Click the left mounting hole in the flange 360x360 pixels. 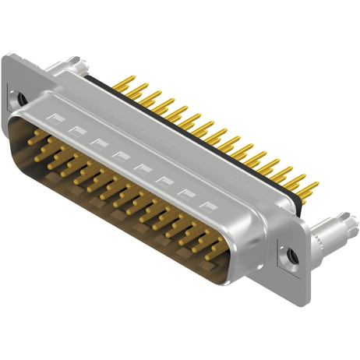[x=22, y=101]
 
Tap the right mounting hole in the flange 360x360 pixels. [x=291, y=254]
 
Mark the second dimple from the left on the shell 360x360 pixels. [x=76, y=129]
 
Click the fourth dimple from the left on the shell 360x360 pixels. [x=119, y=154]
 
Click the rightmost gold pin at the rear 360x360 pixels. [x=311, y=187]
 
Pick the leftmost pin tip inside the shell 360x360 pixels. [x=37, y=134]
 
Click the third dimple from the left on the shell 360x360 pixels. [x=97, y=142]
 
